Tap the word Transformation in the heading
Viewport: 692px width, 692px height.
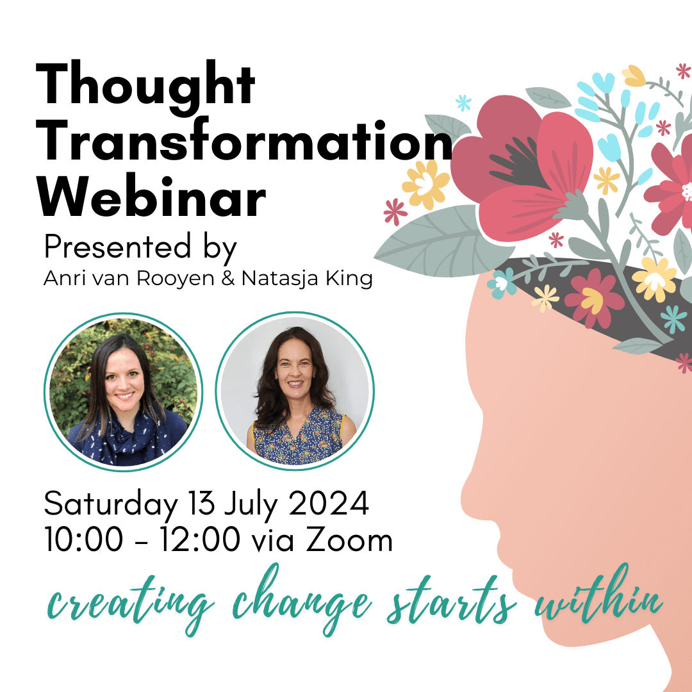[244, 142]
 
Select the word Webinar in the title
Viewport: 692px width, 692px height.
[151, 197]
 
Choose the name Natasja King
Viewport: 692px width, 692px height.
[307, 279]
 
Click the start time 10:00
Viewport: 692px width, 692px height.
[83, 540]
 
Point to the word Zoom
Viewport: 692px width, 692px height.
[349, 540]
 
